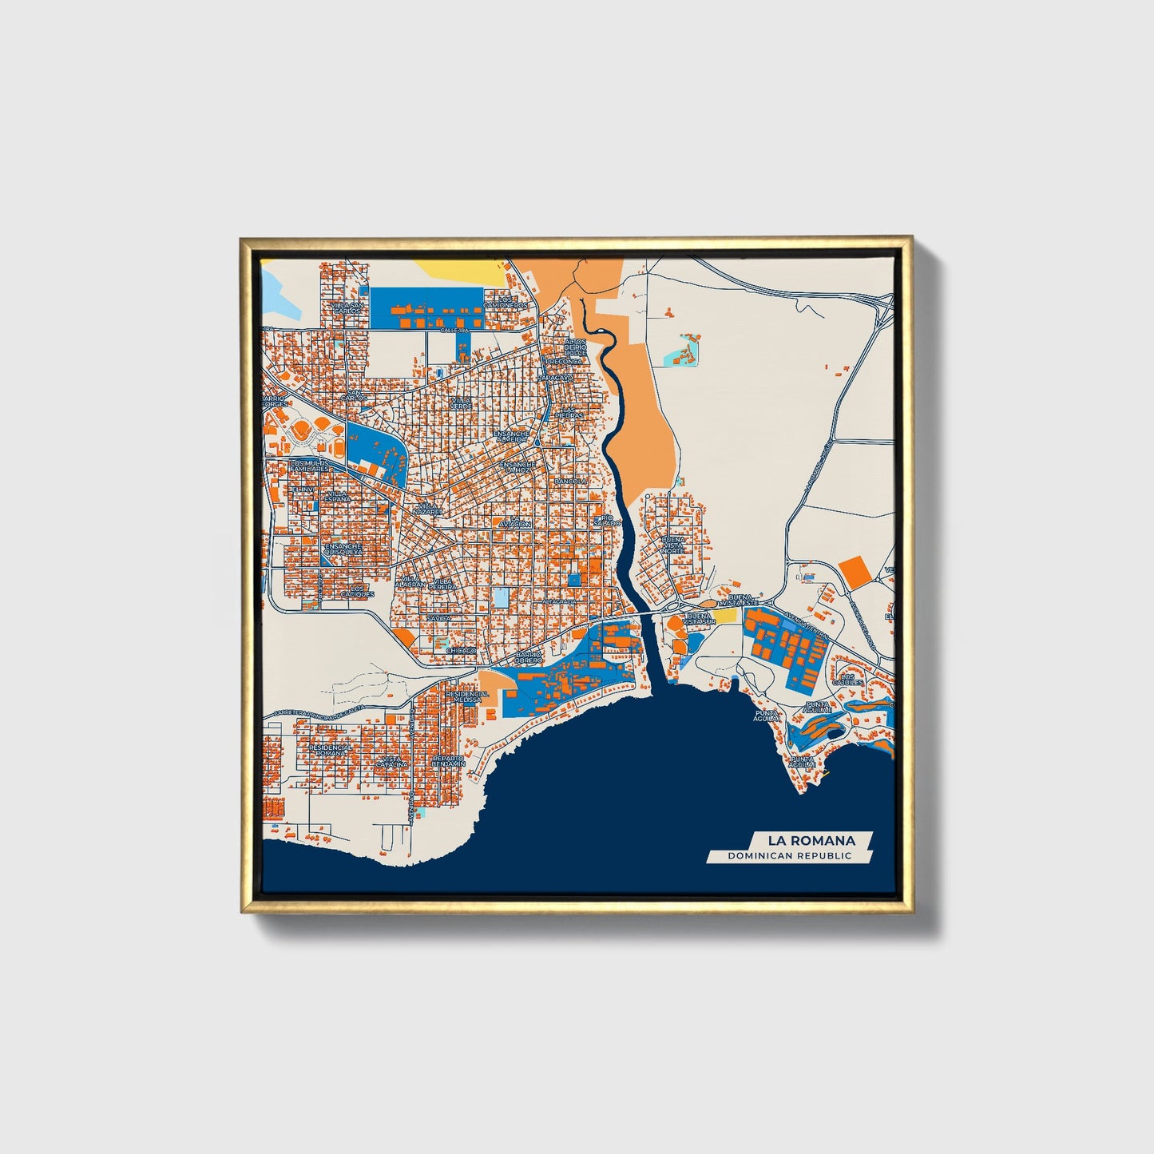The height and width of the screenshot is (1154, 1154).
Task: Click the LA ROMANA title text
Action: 811,840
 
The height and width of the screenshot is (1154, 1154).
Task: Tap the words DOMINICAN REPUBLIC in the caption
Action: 789,856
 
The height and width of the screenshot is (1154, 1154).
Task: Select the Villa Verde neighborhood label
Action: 461,403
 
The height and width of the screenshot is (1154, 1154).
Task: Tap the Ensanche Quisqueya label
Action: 343,549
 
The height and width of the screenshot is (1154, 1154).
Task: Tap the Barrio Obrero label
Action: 529,657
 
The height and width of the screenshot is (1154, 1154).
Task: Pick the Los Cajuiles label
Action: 847,680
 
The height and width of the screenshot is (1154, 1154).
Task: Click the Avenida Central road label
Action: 805,624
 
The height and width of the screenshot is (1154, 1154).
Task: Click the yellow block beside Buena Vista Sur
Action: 724,616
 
